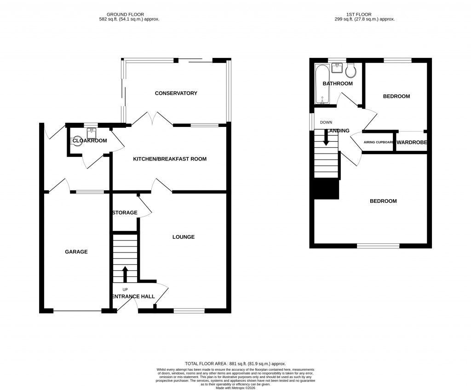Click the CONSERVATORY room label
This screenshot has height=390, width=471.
click(x=176, y=93)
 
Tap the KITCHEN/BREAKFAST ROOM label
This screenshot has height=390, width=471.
click(x=170, y=159)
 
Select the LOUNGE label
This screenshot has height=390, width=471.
click(x=184, y=237)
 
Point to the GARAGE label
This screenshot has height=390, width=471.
click(x=76, y=252)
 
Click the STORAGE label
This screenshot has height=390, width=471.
click(x=125, y=212)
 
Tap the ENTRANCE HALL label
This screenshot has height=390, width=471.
click(x=134, y=296)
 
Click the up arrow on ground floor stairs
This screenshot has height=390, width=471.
click(x=125, y=273)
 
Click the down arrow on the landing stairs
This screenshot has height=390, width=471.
click(x=326, y=139)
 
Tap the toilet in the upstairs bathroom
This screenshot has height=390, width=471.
click(x=351, y=70)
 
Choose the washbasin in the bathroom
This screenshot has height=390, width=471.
click(x=337, y=68)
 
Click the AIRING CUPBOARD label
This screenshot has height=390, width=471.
click(x=379, y=143)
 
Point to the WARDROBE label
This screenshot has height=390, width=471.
click(x=412, y=143)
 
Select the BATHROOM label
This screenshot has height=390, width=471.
click(x=338, y=84)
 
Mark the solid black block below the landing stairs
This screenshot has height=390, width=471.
click(x=326, y=189)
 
